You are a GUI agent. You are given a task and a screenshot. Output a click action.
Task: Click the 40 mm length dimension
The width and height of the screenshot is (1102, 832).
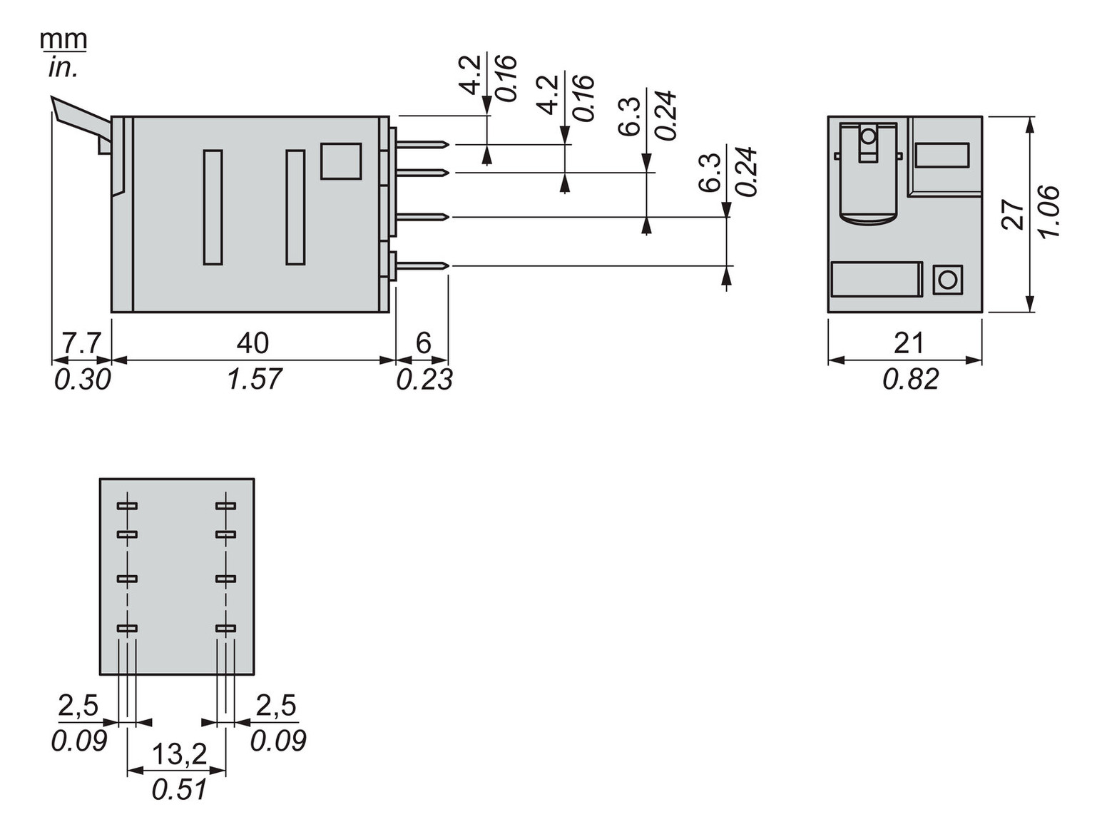[x=252, y=343]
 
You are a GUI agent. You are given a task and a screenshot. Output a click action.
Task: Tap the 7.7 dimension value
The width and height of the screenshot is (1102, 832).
[x=81, y=343]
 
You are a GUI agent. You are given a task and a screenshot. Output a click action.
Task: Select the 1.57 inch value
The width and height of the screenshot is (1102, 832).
[x=255, y=379]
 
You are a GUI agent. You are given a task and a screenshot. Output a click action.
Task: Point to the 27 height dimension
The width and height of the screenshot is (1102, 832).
[x=1013, y=215]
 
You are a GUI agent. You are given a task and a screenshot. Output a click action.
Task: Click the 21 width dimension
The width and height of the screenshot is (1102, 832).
[x=909, y=343]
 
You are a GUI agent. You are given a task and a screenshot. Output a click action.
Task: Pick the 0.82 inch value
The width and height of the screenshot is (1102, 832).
[x=911, y=379]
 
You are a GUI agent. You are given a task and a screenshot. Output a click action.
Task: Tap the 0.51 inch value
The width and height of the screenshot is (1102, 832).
[x=179, y=789]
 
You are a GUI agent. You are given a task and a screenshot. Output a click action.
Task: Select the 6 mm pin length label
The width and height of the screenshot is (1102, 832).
[x=423, y=343]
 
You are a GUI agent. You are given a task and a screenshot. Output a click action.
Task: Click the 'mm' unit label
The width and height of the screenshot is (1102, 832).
[x=63, y=39]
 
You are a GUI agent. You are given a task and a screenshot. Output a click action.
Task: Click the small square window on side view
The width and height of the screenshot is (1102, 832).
[x=341, y=161]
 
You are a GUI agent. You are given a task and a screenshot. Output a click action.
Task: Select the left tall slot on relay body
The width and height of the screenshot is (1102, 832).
[x=213, y=207]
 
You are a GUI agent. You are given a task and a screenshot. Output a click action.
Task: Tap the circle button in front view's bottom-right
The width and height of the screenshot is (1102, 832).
[x=947, y=280]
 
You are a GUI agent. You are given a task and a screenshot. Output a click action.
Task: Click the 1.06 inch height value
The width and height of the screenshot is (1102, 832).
[x=1049, y=212]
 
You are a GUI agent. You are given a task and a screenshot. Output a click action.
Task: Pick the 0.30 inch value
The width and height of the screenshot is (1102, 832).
[x=83, y=379]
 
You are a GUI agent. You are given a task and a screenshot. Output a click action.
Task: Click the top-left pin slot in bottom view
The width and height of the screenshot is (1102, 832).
[x=127, y=506]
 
